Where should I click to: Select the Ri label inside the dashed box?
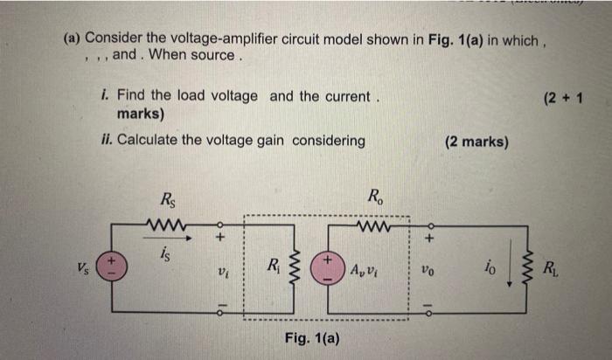click(x=274, y=266)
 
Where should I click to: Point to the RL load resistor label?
click(x=553, y=267)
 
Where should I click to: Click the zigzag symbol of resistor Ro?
click(x=374, y=231)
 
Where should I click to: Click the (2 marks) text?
click(x=476, y=141)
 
